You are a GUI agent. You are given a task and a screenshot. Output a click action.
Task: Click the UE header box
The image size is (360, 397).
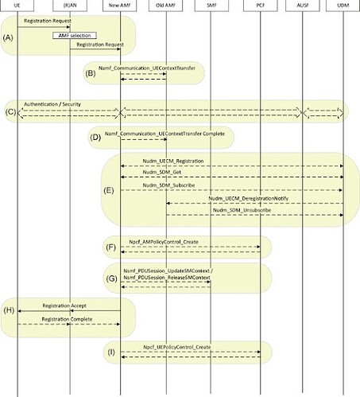coord(17,6)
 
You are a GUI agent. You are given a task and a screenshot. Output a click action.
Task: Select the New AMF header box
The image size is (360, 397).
coord(120,6)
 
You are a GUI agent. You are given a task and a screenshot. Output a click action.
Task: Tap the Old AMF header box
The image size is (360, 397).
coord(165,6)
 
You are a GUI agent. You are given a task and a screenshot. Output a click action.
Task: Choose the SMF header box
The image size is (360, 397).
coord(211,6)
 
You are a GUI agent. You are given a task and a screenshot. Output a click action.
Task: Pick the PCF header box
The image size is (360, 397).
coord(261,6)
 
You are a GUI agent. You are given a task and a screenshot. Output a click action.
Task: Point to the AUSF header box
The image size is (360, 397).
coord(303,6)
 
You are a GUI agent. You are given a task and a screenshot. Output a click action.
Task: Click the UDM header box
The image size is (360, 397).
coord(343,6)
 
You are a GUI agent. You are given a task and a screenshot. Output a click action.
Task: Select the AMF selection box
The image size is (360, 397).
coord(75,36)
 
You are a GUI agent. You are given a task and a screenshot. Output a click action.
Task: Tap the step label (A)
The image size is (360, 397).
coord(8,37)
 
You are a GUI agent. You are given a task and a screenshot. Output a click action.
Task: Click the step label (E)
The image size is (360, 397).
coord(109,190)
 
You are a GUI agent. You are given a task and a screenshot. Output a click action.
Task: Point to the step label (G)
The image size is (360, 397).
coord(111,278)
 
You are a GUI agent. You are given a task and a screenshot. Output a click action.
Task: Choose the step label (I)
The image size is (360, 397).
coord(111,352)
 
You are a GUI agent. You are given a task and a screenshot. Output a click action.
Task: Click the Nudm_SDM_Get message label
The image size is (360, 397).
coord(162,172)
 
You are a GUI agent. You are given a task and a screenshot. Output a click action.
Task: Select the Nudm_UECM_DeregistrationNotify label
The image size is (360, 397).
coord(248,198)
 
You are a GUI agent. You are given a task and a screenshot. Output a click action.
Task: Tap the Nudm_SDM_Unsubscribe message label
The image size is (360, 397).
coord(242,210)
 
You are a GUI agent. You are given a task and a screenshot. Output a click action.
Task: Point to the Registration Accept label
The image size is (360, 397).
coord(64,306)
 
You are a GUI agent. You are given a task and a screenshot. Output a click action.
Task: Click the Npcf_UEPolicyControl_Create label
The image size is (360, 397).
coord(177,347)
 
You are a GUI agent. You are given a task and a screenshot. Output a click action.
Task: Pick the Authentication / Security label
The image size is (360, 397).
coord(52,104)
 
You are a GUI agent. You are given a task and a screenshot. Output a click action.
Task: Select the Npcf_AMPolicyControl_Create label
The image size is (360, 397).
coord(164,242)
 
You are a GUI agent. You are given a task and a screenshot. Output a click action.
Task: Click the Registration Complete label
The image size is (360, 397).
coord(67,319)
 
